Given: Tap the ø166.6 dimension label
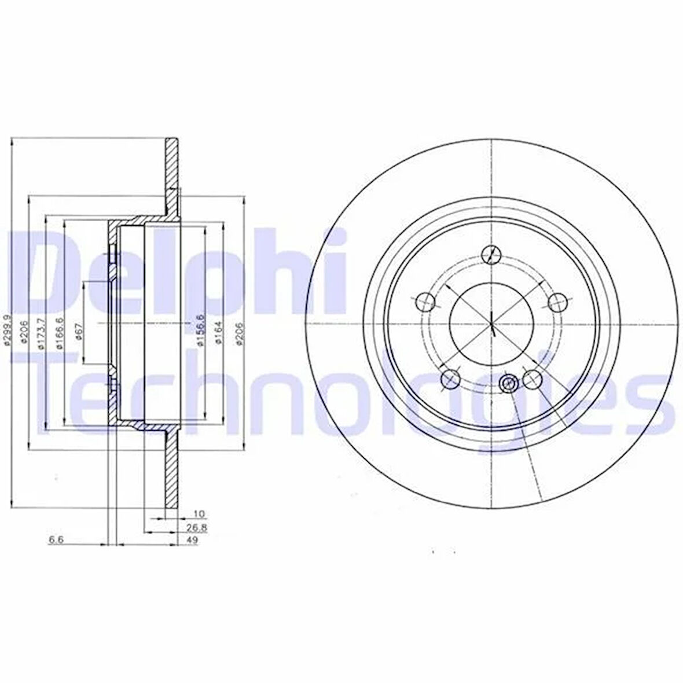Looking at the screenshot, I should (59, 334).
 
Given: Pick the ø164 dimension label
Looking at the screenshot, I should (217, 333).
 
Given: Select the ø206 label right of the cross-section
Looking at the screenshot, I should (238, 333).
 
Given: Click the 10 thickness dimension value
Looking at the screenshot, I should (199, 513).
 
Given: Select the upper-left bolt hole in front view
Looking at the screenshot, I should (425, 300).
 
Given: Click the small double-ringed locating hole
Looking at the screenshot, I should (508, 383).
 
